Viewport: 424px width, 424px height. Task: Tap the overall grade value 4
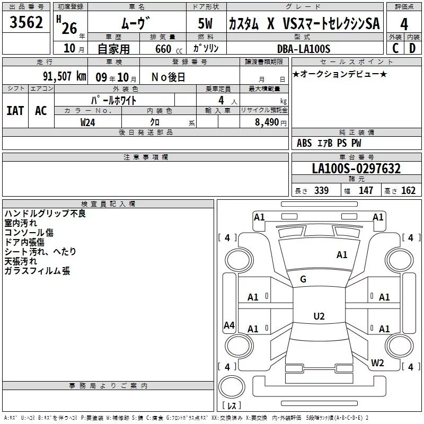pos(404,24)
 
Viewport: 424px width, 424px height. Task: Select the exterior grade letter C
pos(395,48)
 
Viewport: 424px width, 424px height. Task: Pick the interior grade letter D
pos(412,48)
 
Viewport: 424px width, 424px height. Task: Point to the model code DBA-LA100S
pos(304,49)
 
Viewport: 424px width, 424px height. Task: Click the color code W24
pos(88,122)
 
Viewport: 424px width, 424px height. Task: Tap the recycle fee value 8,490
pos(272,122)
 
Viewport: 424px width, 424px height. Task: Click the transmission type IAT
pos(15,111)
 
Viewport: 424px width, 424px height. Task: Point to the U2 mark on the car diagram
pos(319,316)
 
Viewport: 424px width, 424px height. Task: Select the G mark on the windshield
pos(303,279)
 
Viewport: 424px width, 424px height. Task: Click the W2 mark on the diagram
pos(377,363)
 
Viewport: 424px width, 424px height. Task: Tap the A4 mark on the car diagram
pos(229,325)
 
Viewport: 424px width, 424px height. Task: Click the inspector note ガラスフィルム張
pos(37,271)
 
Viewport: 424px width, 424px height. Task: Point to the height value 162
pos(408,190)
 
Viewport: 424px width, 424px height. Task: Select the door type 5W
pos(206,24)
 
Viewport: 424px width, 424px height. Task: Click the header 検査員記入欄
pos(108,204)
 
